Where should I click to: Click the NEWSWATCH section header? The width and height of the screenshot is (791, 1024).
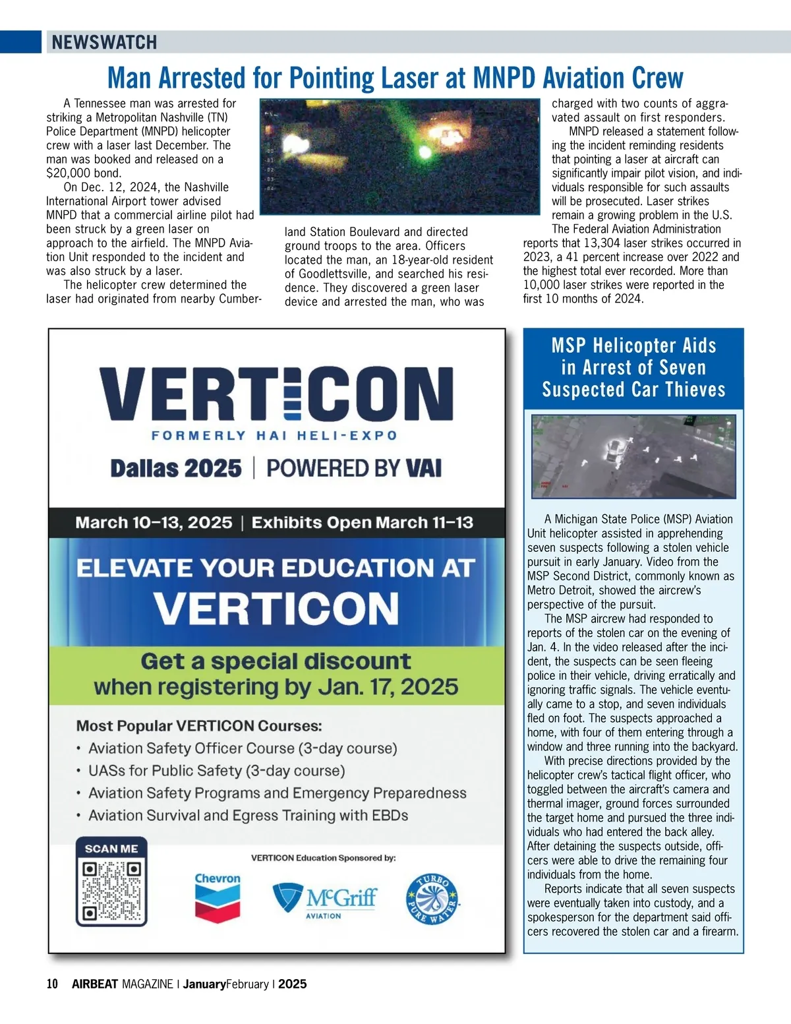104,42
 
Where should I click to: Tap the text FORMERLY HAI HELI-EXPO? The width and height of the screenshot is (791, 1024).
274,436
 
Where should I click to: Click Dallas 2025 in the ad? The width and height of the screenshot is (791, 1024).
176,468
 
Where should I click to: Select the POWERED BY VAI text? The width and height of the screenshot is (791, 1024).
354,468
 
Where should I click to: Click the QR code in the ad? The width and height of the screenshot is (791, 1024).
111,891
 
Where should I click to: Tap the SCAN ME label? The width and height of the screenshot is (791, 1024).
111,849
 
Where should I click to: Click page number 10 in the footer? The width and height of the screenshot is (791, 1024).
52,984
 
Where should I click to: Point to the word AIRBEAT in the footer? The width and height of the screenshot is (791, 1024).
95,984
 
